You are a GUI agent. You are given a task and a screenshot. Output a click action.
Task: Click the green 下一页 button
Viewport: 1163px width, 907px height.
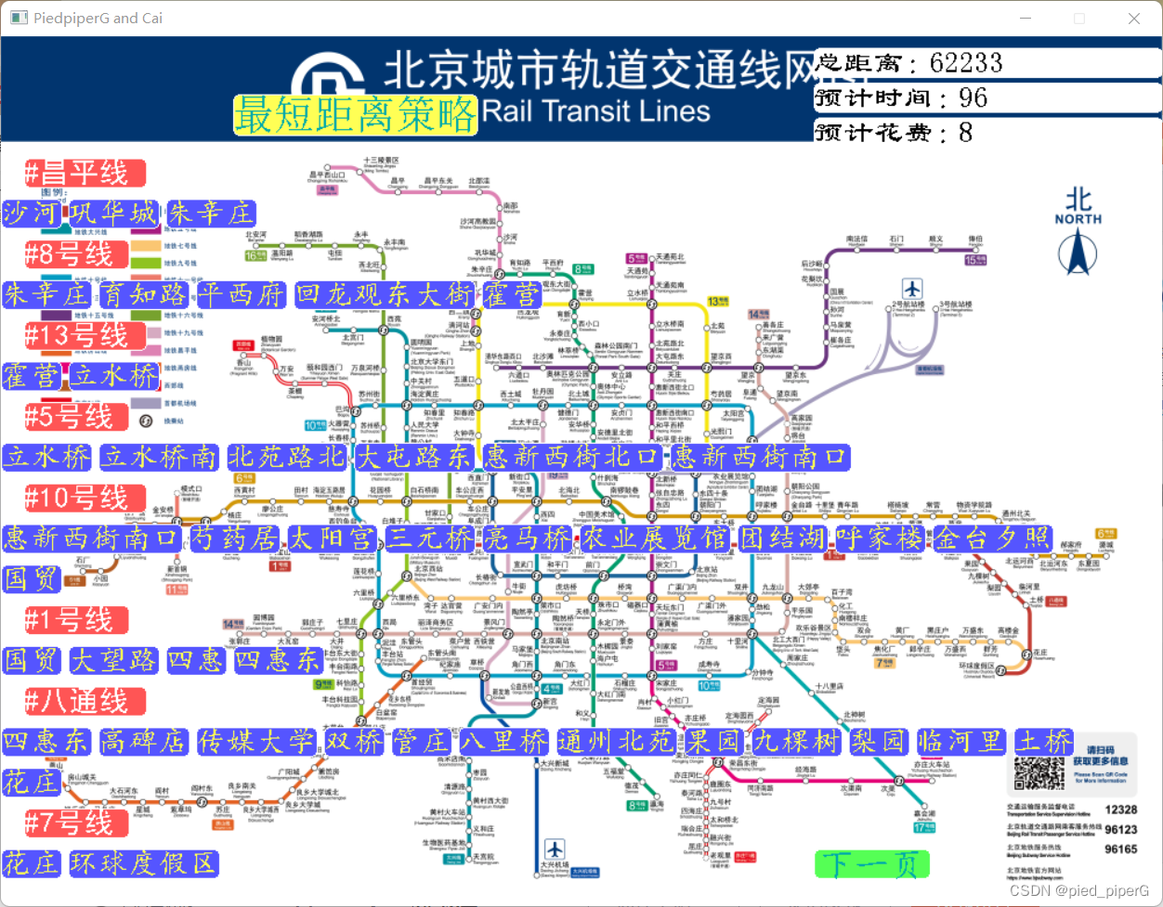(x=871, y=864)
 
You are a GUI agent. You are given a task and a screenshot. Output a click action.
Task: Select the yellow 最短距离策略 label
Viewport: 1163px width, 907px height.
(x=355, y=115)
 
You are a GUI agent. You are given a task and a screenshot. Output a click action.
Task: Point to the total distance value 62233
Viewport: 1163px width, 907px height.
(x=966, y=63)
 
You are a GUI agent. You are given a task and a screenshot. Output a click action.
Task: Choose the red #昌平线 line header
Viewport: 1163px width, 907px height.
(x=85, y=173)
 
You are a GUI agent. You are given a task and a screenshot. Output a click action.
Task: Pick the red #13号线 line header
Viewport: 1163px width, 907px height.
(x=85, y=335)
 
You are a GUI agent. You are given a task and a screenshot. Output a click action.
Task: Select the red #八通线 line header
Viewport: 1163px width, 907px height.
(x=85, y=701)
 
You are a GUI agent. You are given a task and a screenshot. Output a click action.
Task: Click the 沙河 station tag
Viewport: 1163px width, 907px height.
(x=30, y=214)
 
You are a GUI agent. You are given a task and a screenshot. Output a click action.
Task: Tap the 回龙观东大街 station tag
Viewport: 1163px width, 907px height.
(x=385, y=295)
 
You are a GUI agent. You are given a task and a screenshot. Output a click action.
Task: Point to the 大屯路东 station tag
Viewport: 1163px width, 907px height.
(x=414, y=457)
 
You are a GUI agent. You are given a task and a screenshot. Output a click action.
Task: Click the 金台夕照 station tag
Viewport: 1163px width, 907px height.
(x=991, y=538)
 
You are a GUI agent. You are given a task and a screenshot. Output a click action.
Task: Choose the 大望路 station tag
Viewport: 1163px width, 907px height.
(x=115, y=660)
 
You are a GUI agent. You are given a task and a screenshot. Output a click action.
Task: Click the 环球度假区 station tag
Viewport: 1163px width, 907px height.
(x=143, y=863)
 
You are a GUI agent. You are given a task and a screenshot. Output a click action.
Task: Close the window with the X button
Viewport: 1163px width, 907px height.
(x=1134, y=19)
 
